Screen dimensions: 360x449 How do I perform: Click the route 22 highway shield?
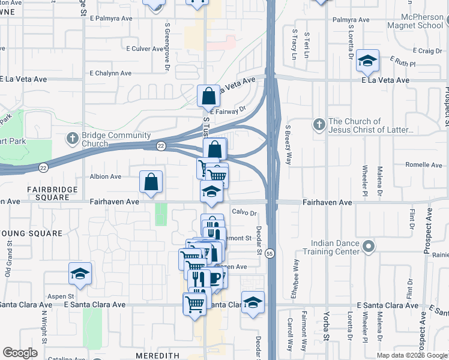point(161,146)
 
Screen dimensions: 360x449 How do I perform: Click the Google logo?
point(20,353)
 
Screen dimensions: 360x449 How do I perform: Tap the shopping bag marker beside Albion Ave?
point(151,182)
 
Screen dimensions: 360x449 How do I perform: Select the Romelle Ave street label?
point(423,165)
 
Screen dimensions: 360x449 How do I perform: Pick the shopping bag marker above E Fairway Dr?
point(208,95)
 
